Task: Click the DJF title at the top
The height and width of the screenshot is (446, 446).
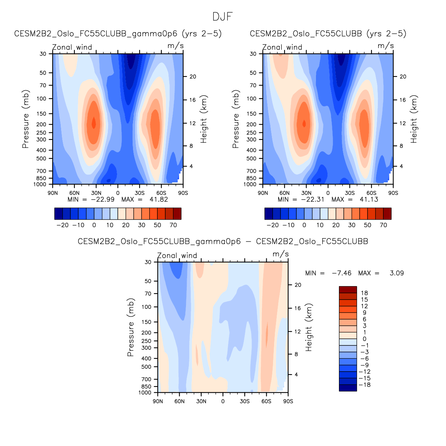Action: point(223,17)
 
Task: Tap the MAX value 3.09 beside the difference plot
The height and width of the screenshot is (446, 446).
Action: point(397,273)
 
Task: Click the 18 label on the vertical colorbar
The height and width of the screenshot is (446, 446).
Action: point(365,293)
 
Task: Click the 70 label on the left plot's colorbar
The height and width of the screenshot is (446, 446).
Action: point(173,225)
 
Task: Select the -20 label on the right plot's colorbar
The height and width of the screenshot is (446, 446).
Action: point(273,225)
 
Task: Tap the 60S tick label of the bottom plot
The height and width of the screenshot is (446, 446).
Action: point(266,401)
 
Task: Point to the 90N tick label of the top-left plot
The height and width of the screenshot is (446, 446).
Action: point(53,193)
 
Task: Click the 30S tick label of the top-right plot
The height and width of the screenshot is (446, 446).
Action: point(350,193)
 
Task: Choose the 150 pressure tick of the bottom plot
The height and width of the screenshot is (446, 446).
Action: point(147,322)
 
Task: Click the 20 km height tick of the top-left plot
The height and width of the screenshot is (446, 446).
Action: point(193,77)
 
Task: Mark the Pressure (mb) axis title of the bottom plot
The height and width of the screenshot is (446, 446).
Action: point(130,327)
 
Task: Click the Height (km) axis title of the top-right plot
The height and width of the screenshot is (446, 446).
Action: point(414,119)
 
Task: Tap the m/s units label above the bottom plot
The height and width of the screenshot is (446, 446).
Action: point(280,254)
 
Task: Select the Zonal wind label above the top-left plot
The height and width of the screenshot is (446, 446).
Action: point(72,47)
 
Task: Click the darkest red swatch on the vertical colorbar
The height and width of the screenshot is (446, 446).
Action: point(348,290)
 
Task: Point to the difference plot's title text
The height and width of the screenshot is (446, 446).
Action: point(223,241)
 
